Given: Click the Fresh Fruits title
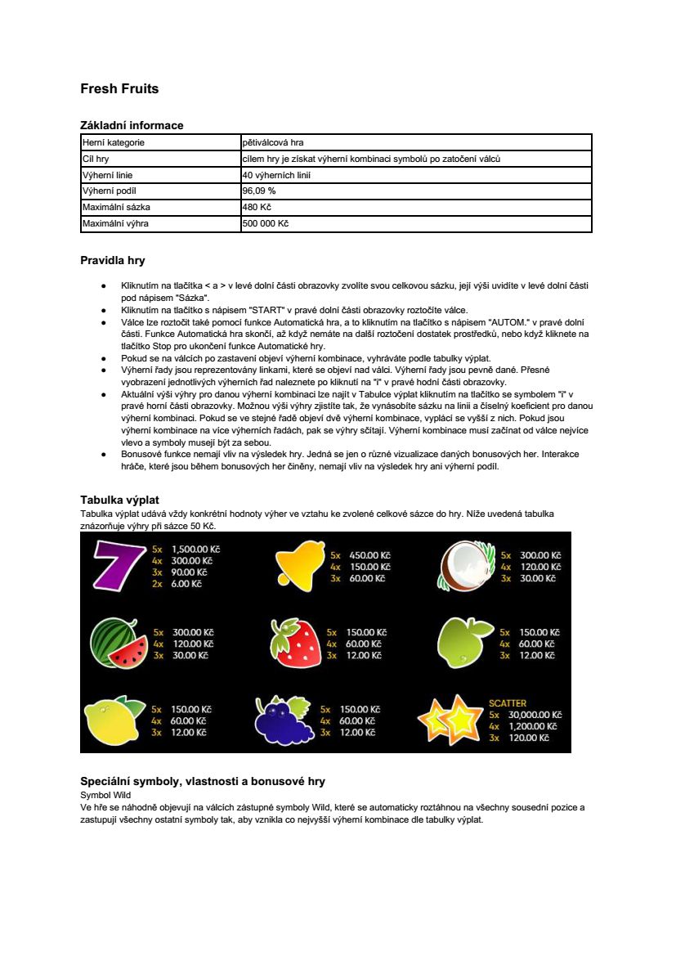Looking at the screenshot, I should pyautogui.click(x=119, y=88).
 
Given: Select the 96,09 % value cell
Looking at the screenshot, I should pyautogui.click(x=260, y=191).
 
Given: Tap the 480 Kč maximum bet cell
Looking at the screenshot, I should pyautogui.click(x=257, y=207).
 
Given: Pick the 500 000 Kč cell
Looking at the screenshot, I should pyautogui.click(x=266, y=223).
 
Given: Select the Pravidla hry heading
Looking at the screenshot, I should pyautogui.click(x=112, y=261).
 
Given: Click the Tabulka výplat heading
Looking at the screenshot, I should pyautogui.click(x=119, y=499).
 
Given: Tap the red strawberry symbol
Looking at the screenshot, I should pyautogui.click(x=295, y=643).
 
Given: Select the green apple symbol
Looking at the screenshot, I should pyautogui.click(x=466, y=643).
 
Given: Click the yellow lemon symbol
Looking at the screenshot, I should pyautogui.click(x=114, y=720).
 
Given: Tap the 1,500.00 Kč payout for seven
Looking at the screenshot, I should pyautogui.click(x=195, y=550).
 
